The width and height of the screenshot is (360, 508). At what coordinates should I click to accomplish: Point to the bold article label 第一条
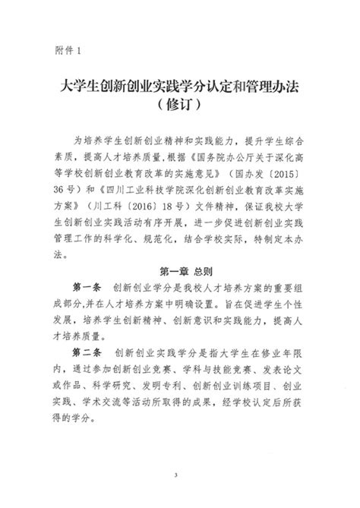pyautogui.click(x=87, y=287)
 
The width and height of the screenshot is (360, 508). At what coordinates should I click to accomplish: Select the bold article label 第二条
pyautogui.click(x=87, y=352)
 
